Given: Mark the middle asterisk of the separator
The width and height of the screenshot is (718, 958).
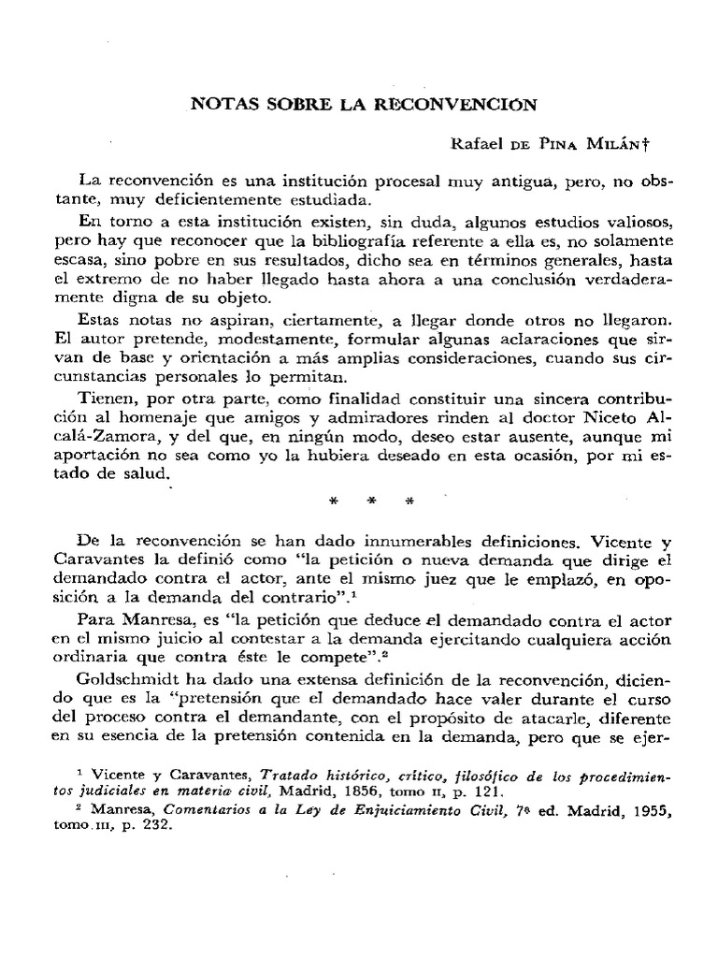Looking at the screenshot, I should tap(370, 501).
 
